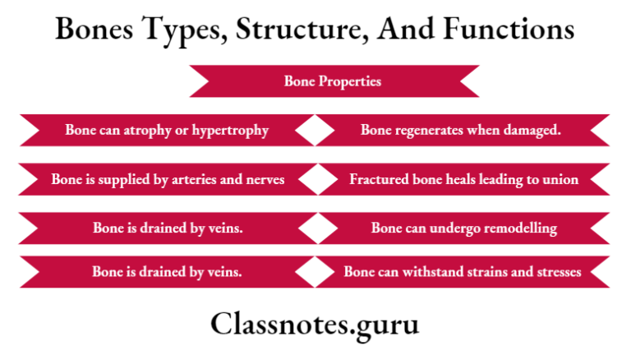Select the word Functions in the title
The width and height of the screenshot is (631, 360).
click(509, 30)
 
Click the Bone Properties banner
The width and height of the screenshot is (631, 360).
click(333, 81)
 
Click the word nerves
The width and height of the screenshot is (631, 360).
click(265, 178)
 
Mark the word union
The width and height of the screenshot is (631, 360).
click(560, 178)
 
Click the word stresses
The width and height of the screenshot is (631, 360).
click(556, 271)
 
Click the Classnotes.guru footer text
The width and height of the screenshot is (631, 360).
click(315, 324)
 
